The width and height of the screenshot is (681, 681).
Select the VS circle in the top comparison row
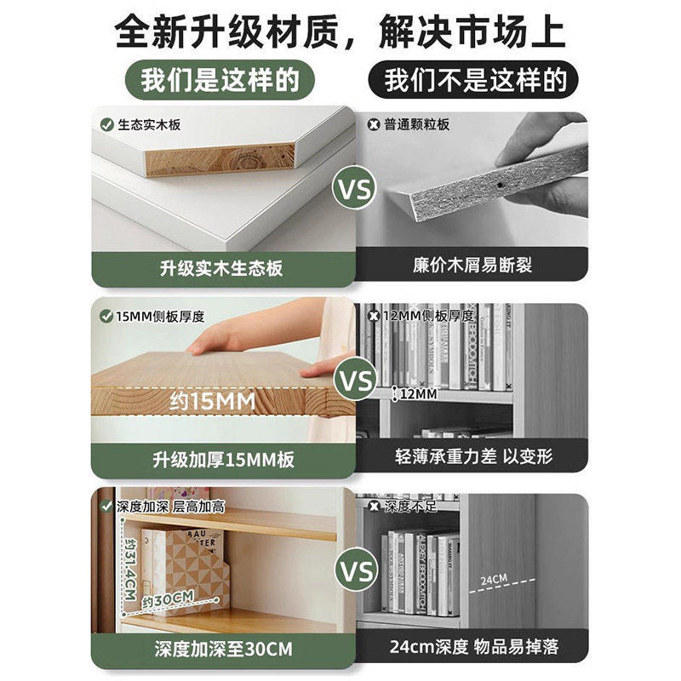pyautogui.click(x=355, y=189)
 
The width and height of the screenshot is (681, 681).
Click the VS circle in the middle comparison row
pyautogui.click(x=355, y=379)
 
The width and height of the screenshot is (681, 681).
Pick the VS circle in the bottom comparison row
pyautogui.click(x=355, y=567)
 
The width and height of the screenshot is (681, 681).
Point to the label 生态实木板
pyautogui.click(x=150, y=125)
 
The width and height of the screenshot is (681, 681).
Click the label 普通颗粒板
pyautogui.click(x=416, y=125)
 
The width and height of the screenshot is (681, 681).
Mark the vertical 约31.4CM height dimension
pyautogui.click(x=129, y=563)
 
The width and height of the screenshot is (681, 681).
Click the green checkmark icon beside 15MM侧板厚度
pyautogui.click(x=106, y=317)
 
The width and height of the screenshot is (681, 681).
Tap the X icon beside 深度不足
pyautogui.click(x=373, y=506)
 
